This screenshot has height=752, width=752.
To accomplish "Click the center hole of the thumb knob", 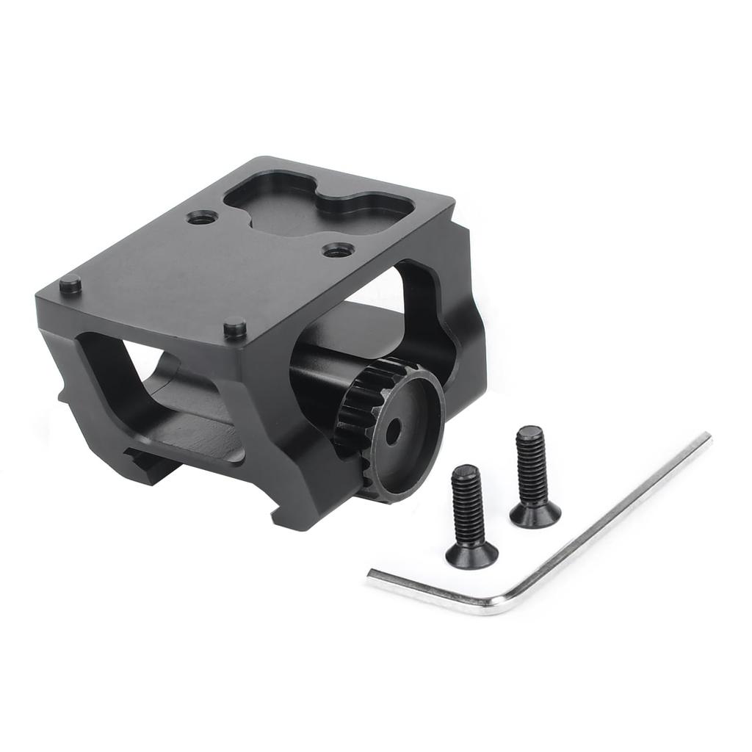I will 394,431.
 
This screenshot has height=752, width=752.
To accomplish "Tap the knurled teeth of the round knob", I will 351,411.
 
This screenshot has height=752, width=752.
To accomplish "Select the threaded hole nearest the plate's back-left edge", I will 201,217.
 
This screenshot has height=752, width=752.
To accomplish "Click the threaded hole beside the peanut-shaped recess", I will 338,250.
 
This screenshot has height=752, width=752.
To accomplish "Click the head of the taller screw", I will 535,515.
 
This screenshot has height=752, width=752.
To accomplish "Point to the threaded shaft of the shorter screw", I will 466,502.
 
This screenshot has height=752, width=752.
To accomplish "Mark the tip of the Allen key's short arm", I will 371,576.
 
